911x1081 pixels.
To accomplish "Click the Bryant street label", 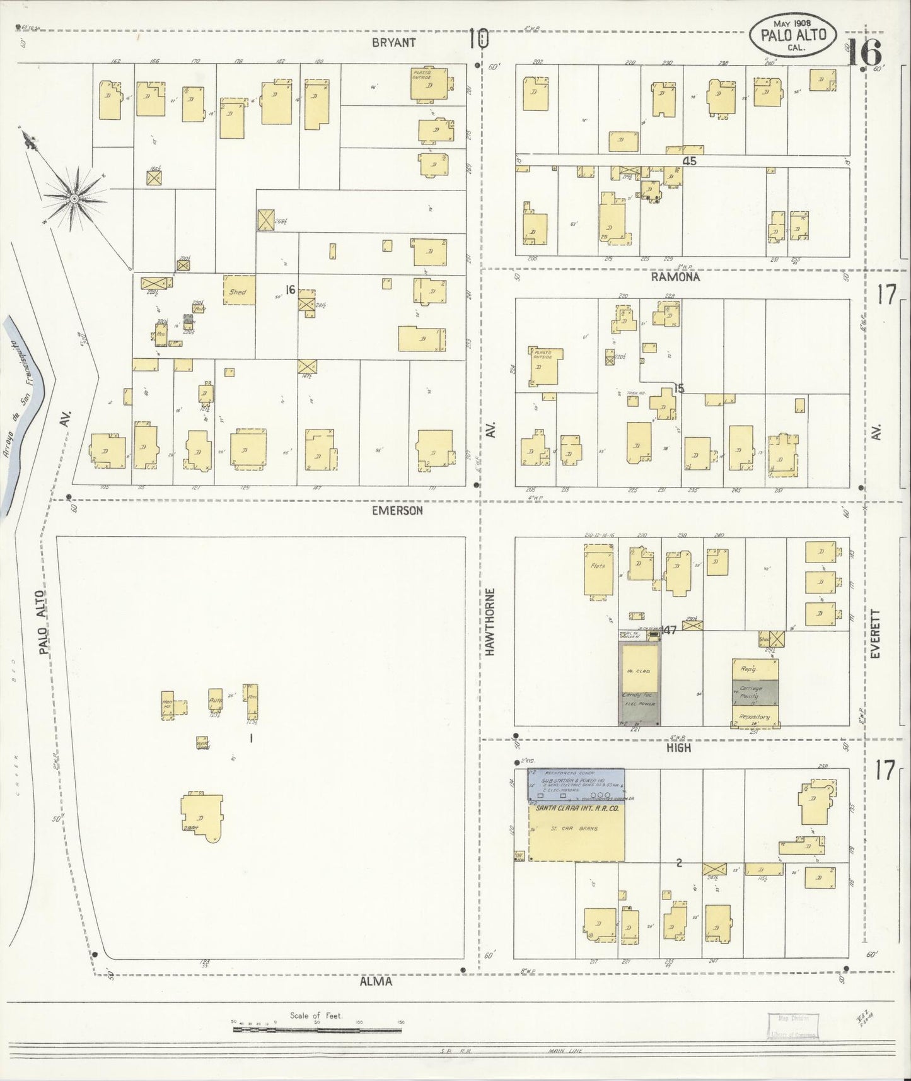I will [393, 42].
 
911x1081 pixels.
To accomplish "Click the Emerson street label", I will [397, 510].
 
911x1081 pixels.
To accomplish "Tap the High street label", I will [678, 747].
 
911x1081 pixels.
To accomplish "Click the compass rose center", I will [74, 199].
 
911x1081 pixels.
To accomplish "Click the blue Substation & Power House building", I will [576, 785].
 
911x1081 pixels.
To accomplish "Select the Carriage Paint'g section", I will [755, 692].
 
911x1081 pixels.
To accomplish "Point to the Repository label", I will [755, 716].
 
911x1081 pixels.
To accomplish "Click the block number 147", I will [668, 629].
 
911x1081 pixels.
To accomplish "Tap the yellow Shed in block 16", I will [238, 291].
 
